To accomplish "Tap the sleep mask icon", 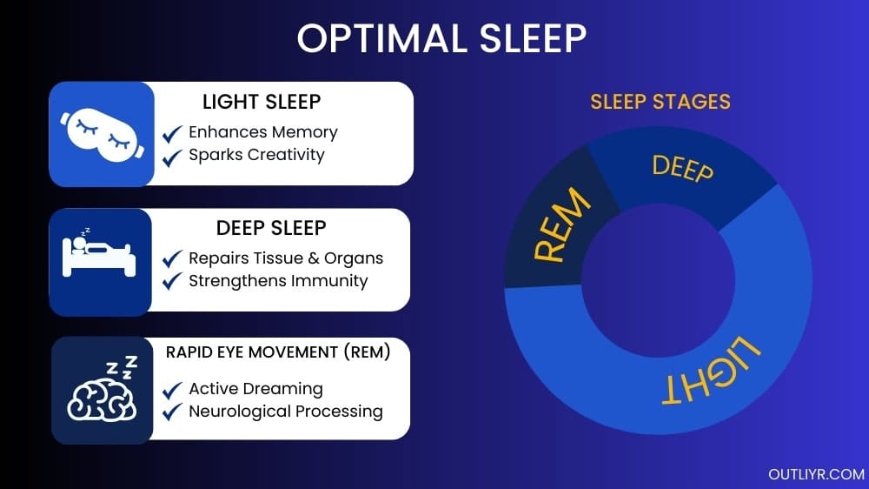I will [x=101, y=134].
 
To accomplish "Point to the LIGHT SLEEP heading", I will [x=262, y=102].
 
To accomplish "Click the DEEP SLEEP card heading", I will [x=271, y=228].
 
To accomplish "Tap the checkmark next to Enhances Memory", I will [x=173, y=133].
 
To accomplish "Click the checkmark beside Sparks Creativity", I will [x=173, y=157].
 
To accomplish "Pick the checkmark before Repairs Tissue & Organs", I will [x=173, y=258].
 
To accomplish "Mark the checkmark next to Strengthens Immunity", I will [x=173, y=281].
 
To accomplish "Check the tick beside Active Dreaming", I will [x=173, y=389].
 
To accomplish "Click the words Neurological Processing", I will [x=286, y=412].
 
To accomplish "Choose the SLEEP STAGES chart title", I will [x=660, y=102].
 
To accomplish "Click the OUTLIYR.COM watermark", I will [x=816, y=474].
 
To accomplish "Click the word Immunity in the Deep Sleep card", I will [x=330, y=281].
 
